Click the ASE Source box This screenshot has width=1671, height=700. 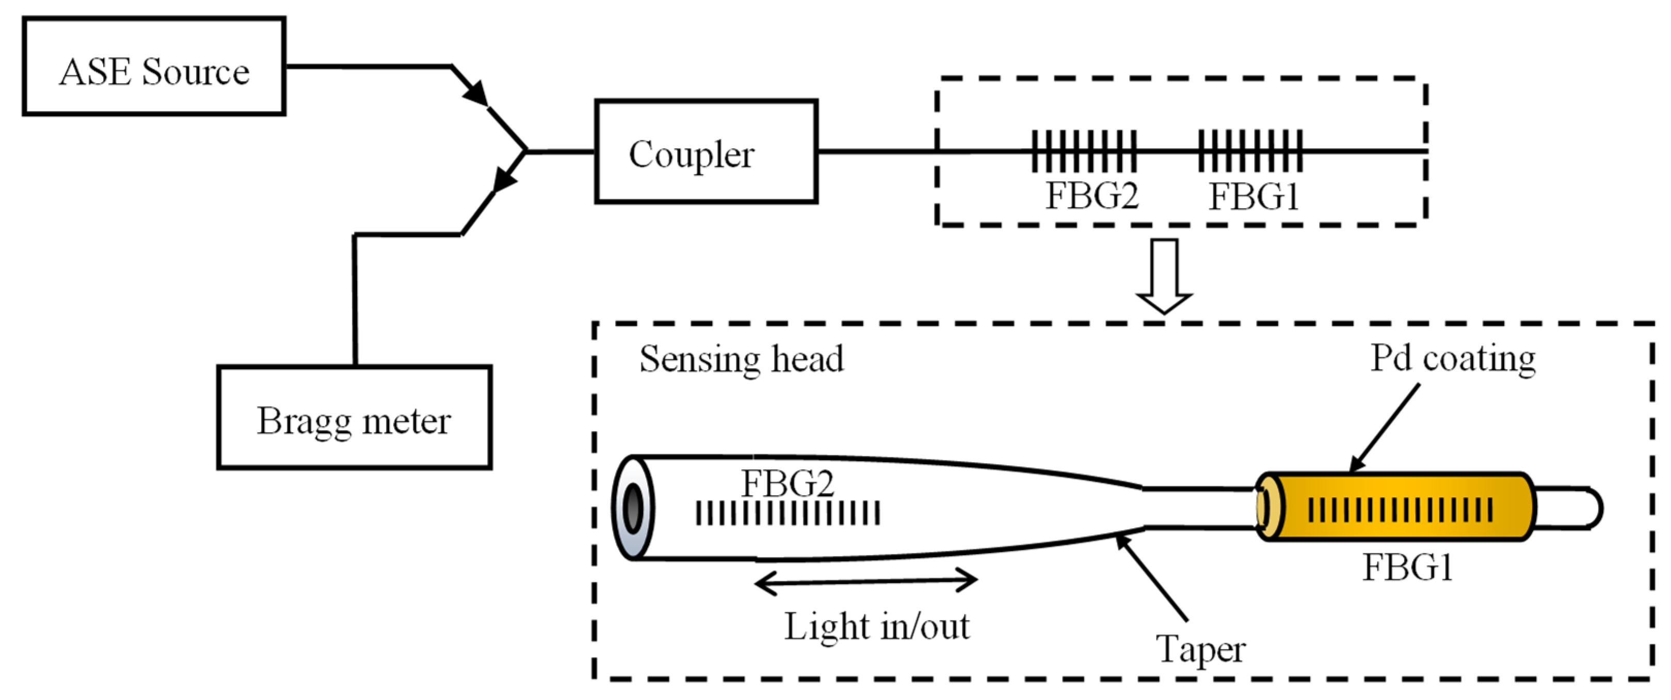tap(154, 66)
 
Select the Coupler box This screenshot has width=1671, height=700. tap(706, 152)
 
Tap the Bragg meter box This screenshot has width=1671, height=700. tap(354, 417)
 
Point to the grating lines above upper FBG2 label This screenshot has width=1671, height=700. tap(1084, 151)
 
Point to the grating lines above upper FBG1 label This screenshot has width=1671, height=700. tap(1250, 151)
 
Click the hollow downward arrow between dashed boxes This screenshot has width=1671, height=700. tap(1164, 276)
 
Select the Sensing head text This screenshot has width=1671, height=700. tap(742, 359)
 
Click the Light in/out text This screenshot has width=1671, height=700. tap(877, 627)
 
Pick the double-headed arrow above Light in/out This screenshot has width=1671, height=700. tap(866, 581)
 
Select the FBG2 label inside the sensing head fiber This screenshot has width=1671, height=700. tap(787, 483)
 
